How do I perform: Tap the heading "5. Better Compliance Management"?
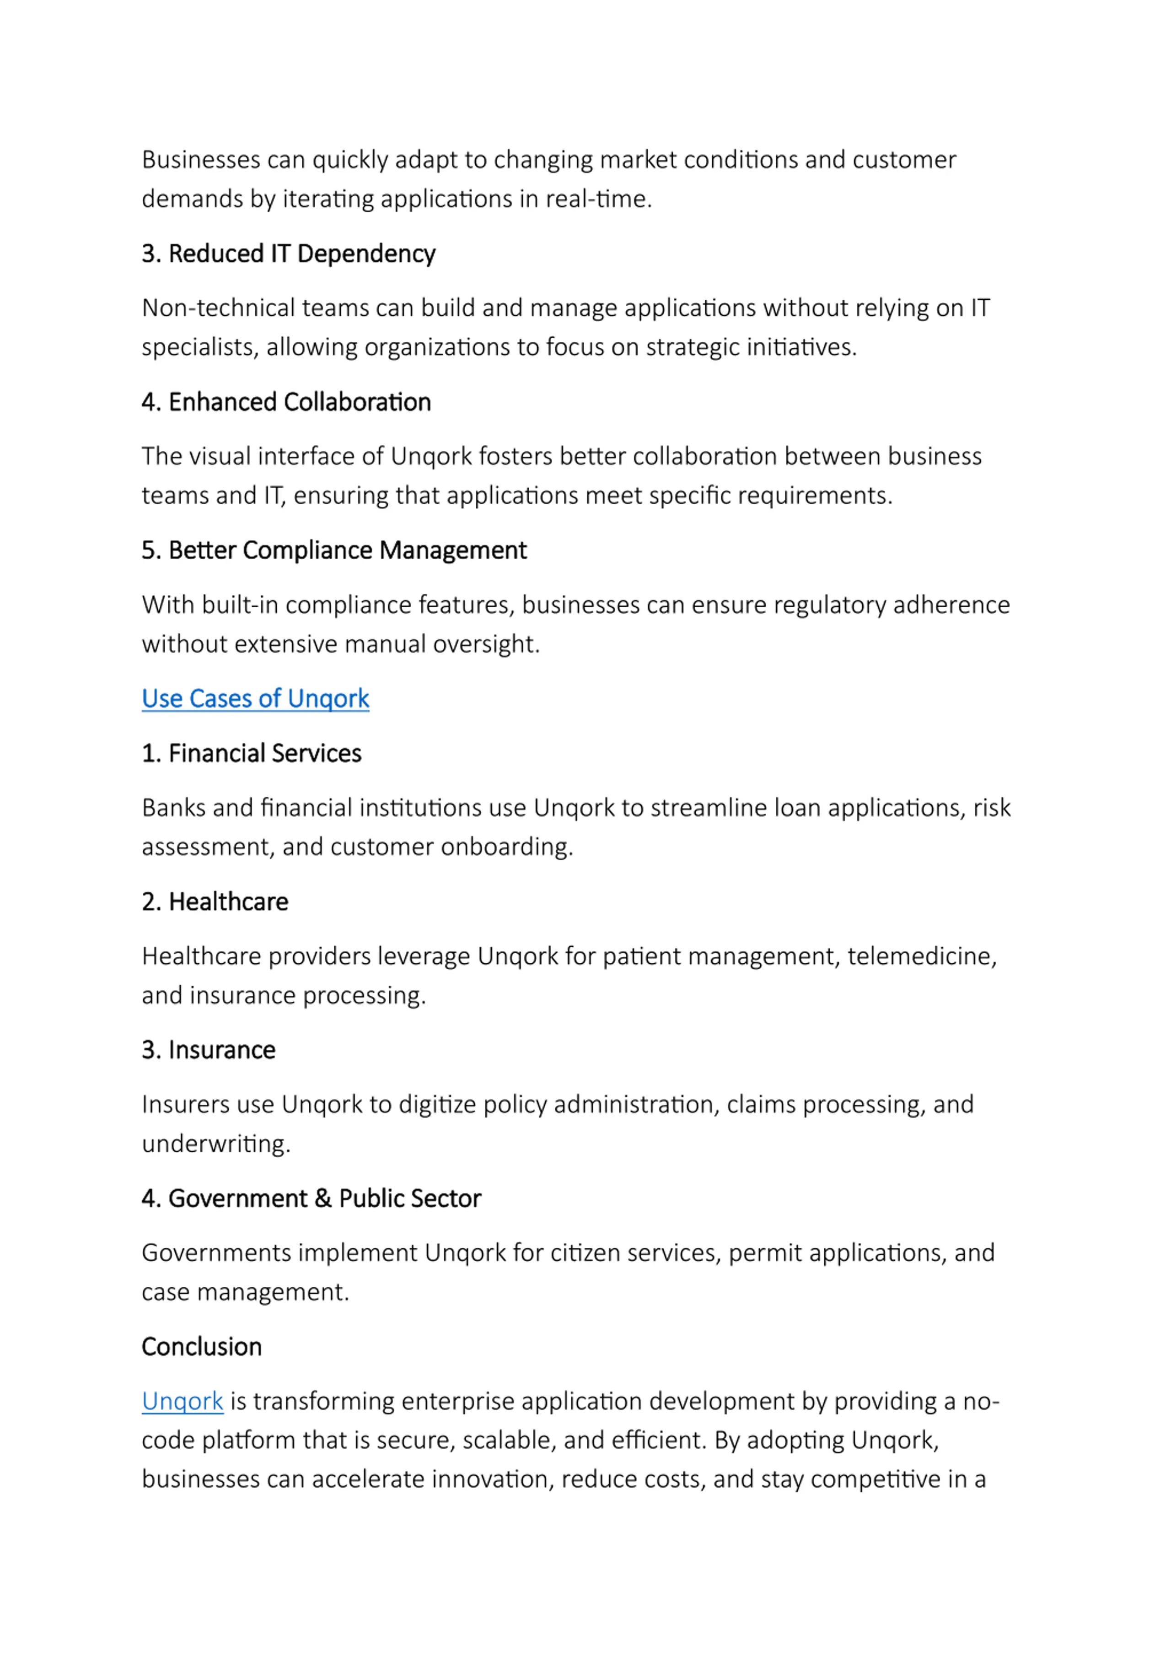point(334,551)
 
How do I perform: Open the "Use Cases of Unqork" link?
point(255,699)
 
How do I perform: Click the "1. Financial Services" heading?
point(251,753)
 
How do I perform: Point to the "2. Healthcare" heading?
point(215,902)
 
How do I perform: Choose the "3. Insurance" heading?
point(209,1050)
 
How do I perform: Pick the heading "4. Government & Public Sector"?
point(311,1199)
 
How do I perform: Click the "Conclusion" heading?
point(201,1347)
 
